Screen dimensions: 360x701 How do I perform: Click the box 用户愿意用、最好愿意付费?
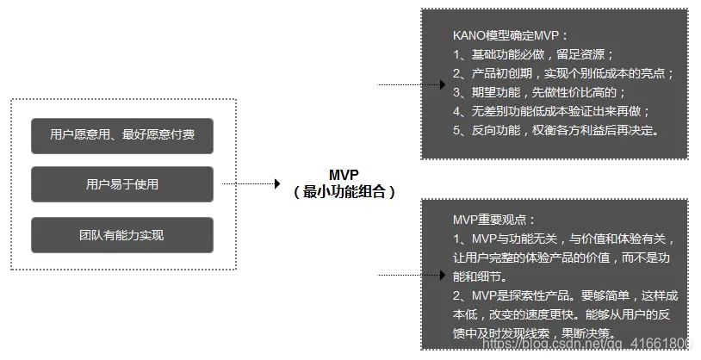click(x=121, y=134)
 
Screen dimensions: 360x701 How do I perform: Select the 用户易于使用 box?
click(x=121, y=184)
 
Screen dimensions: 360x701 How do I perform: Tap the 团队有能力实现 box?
click(x=121, y=234)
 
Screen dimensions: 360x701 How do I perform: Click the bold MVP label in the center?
click(x=344, y=175)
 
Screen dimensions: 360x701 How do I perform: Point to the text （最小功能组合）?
click(x=344, y=192)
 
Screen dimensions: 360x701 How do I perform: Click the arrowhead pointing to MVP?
click(x=277, y=183)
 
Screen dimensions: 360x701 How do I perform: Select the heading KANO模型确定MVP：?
click(x=510, y=35)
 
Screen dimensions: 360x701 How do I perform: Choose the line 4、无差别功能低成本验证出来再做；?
click(x=552, y=111)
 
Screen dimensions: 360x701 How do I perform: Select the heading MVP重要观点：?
click(x=494, y=220)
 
